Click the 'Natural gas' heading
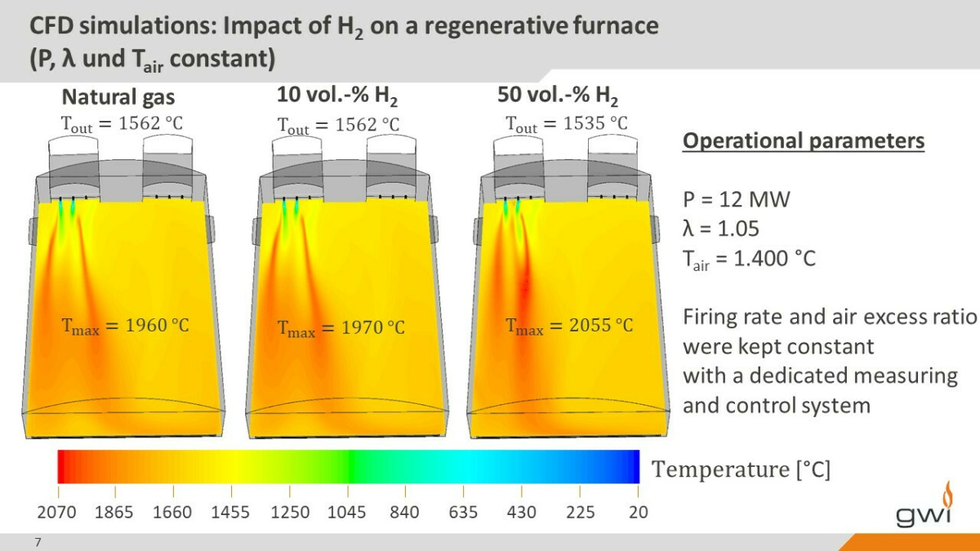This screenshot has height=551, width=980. click(118, 98)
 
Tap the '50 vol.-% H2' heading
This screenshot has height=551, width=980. click(558, 96)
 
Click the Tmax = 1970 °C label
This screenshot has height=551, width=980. click(341, 328)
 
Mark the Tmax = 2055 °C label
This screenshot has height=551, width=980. click(569, 326)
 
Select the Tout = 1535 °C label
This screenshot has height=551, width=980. click(567, 125)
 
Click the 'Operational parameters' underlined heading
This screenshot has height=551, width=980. click(804, 141)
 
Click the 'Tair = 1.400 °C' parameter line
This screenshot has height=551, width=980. click(749, 260)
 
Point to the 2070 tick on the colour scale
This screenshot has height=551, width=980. click(56, 512)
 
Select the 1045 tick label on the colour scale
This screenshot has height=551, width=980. click(347, 512)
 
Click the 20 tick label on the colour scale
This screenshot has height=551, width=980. click(639, 512)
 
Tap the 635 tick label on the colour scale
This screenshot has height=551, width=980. click(463, 512)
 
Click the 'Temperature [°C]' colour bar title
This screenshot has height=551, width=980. click(741, 469)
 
